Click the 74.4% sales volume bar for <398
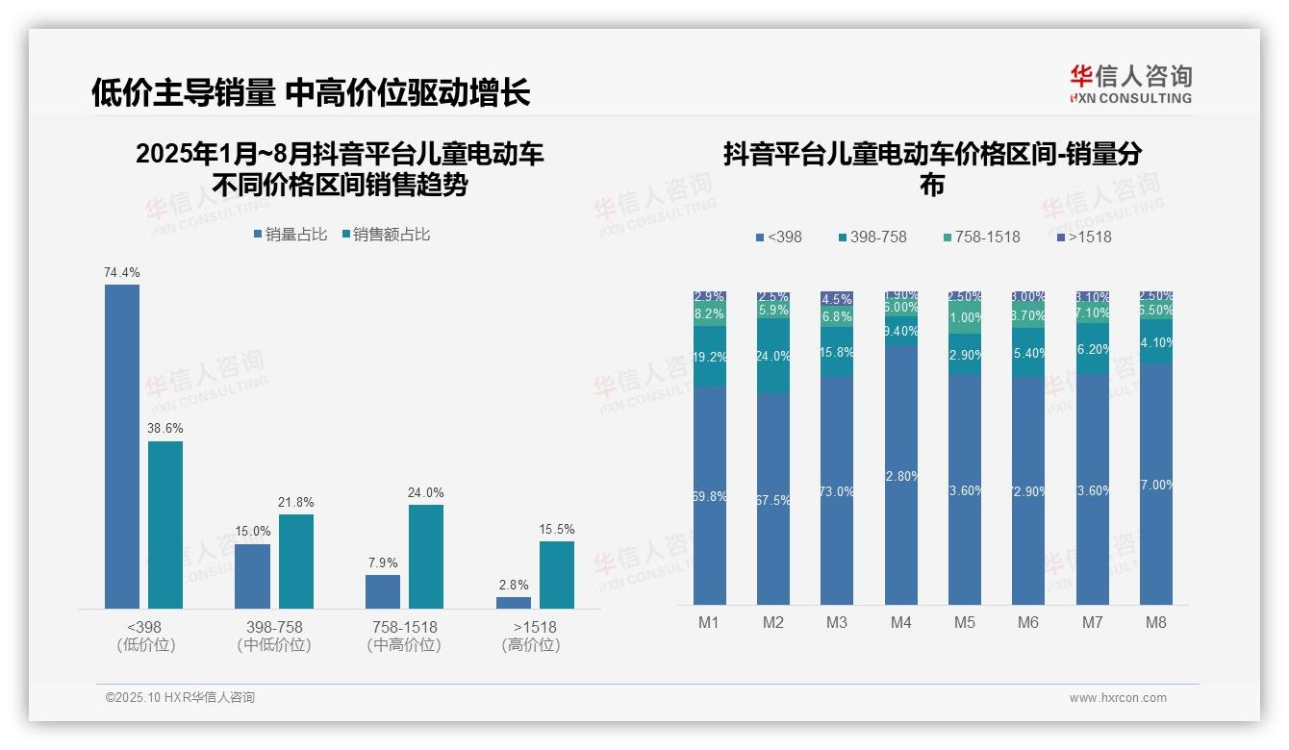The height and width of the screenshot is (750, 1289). [x=122, y=446]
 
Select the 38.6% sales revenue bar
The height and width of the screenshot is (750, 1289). [x=164, y=524]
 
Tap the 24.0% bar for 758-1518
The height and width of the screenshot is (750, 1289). [x=425, y=556]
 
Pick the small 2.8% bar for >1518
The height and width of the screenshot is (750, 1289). [x=513, y=603]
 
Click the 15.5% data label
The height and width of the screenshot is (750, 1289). [x=557, y=529]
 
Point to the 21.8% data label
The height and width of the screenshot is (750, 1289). [x=296, y=502]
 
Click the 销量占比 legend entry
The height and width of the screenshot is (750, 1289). [x=291, y=235]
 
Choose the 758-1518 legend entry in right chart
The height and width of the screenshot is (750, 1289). [x=980, y=237]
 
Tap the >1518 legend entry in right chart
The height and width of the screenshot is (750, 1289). [x=1084, y=237]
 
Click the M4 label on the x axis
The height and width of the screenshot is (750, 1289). [x=900, y=622]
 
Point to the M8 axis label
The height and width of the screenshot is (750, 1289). [x=1155, y=622]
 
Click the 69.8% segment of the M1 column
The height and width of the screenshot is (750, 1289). [x=709, y=495]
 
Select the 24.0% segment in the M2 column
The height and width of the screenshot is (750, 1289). [x=772, y=356]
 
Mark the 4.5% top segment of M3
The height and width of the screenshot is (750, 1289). [x=837, y=299]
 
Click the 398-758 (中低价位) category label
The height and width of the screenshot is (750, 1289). [x=274, y=636]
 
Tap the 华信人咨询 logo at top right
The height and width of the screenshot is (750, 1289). [x=1130, y=84]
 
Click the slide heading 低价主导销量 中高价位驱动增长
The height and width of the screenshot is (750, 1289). [x=311, y=92]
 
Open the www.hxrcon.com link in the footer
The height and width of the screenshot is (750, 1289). [x=1118, y=698]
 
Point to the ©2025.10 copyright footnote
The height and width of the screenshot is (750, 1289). [x=180, y=698]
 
